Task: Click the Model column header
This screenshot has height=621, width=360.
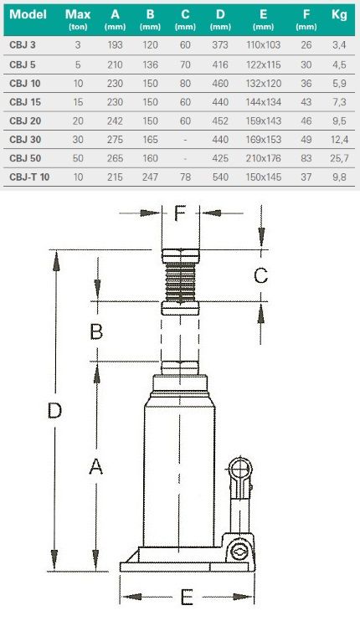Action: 28,15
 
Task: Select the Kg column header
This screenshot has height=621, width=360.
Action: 338,15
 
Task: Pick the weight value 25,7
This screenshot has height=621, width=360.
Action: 338,157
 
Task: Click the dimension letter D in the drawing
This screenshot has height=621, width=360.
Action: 54,410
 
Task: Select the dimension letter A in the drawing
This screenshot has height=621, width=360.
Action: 97,468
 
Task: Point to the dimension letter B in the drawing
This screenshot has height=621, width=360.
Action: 97,331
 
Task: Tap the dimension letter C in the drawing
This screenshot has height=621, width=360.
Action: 260,275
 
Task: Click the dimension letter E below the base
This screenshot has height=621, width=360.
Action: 188,598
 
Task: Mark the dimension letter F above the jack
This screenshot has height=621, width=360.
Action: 182,213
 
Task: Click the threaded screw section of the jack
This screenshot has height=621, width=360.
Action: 181,281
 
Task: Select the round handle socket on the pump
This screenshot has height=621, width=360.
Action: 240,466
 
